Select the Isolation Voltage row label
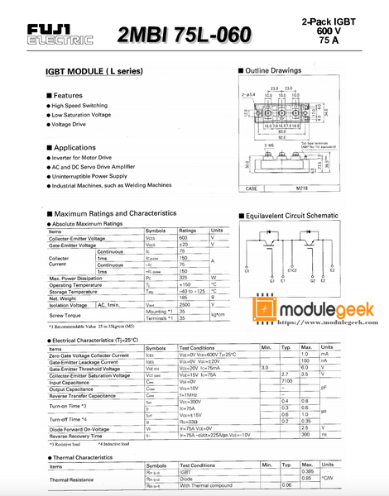[x=71, y=305]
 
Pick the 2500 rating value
[x=188, y=305]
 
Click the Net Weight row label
[x=63, y=298]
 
